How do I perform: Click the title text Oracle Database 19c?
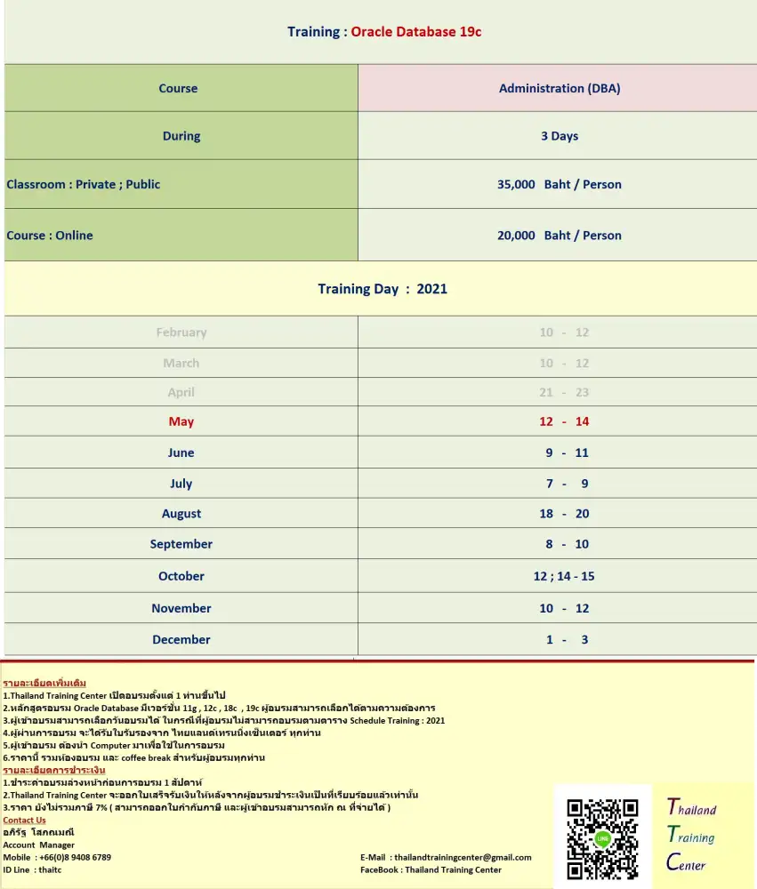click(416, 32)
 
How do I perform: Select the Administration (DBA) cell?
click(560, 88)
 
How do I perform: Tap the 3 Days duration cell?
click(560, 136)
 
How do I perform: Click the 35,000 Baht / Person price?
click(560, 184)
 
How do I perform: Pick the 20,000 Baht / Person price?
click(560, 236)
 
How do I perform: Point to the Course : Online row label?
click(50, 236)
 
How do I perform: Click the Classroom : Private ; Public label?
click(84, 184)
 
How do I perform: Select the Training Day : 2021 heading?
click(383, 289)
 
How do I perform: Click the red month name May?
click(181, 421)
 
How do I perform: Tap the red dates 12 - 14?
click(564, 421)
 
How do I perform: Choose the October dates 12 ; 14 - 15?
click(564, 576)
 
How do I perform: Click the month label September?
click(181, 544)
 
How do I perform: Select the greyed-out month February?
click(181, 332)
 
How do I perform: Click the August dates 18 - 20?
click(564, 514)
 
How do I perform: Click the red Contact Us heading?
click(25, 820)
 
